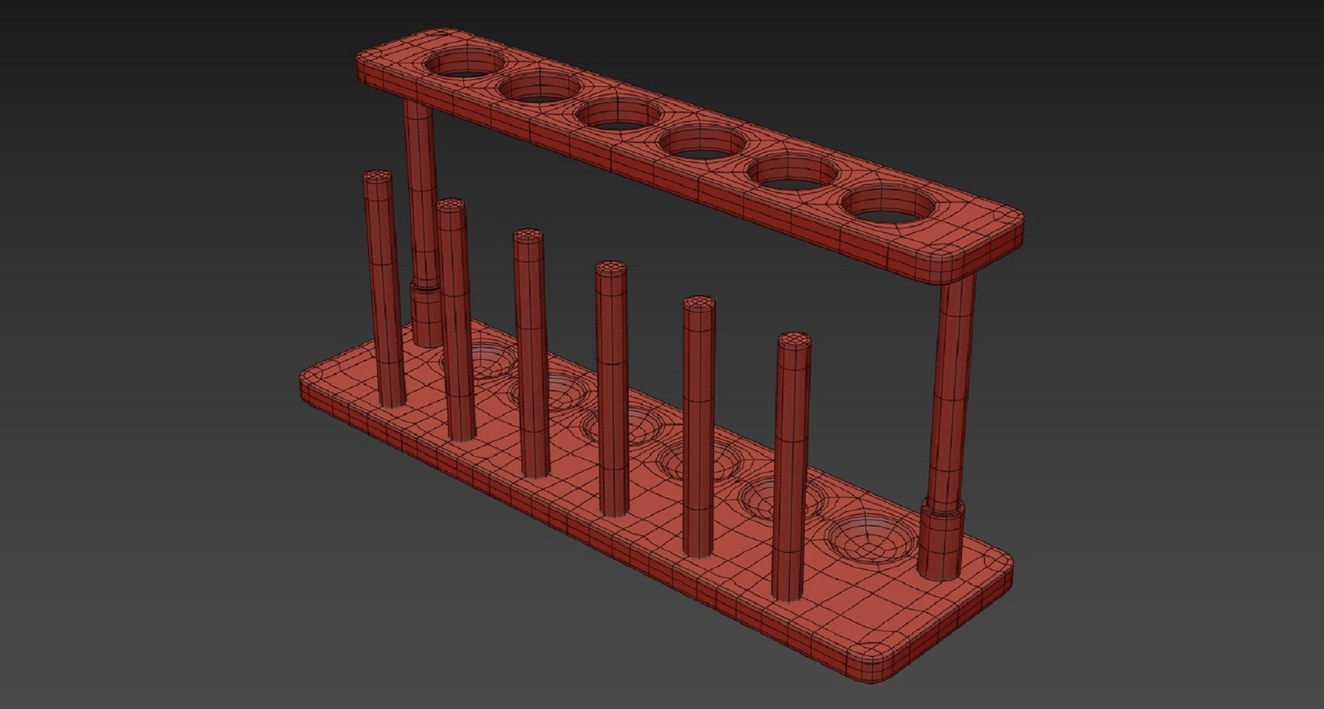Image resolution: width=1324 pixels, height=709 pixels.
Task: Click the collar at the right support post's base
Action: pyautogui.click(x=941, y=537)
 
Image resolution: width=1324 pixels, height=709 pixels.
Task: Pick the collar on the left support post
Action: pyautogui.click(x=426, y=310)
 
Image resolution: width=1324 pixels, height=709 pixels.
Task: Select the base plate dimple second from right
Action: pyautogui.click(x=783, y=493)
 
